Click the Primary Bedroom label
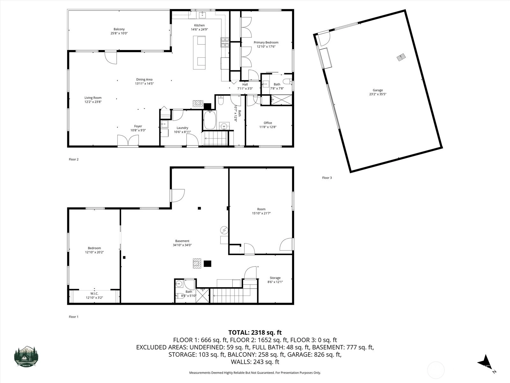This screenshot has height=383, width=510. click(266, 42)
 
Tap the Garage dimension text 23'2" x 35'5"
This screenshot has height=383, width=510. click(378, 94)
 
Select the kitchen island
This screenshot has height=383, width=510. click(199, 53)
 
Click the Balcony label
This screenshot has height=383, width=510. click(119, 29)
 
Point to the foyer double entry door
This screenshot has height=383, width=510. click(128, 141)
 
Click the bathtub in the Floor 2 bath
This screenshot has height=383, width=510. click(209, 119)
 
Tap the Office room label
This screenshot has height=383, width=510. click(268, 123)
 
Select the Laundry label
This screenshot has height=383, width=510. click(182, 128)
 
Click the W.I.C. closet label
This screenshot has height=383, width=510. click(94, 293)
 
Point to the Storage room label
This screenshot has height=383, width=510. click(275, 278)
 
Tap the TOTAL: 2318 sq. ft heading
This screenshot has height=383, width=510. click(255, 333)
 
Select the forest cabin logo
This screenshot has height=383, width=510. click(26, 357)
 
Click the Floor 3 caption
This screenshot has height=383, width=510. click(327, 178)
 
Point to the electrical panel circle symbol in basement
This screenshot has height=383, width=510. click(224, 230)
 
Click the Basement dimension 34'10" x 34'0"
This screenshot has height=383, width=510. click(182, 245)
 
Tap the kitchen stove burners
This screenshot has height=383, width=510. click(225, 42)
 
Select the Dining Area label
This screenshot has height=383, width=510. click(144, 79)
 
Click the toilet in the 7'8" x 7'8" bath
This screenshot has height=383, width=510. click(287, 81)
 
